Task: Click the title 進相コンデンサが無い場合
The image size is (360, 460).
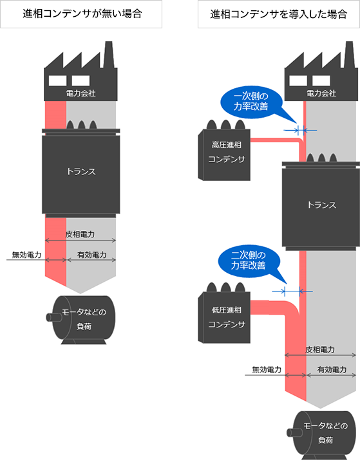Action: pyautogui.click(x=81, y=14)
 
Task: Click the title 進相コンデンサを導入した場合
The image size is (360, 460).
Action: pyautogui.click(x=278, y=14)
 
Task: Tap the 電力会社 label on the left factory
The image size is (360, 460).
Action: pyautogui.click(x=81, y=93)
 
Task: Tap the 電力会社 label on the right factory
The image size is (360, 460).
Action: pyautogui.click(x=321, y=93)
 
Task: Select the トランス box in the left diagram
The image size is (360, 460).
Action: pyautogui.click(x=81, y=172)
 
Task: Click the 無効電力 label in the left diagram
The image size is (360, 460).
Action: pyautogui.click(x=26, y=255)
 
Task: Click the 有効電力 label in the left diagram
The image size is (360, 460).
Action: pyautogui.click(x=91, y=255)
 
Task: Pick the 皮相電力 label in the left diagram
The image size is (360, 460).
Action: pyautogui.click(x=81, y=235)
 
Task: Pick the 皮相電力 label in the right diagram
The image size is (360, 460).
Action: pyautogui.click(x=320, y=349)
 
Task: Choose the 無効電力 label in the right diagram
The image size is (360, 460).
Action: pyautogui.click(x=266, y=370)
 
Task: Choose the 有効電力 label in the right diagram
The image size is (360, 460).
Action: pyautogui.click(x=332, y=370)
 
